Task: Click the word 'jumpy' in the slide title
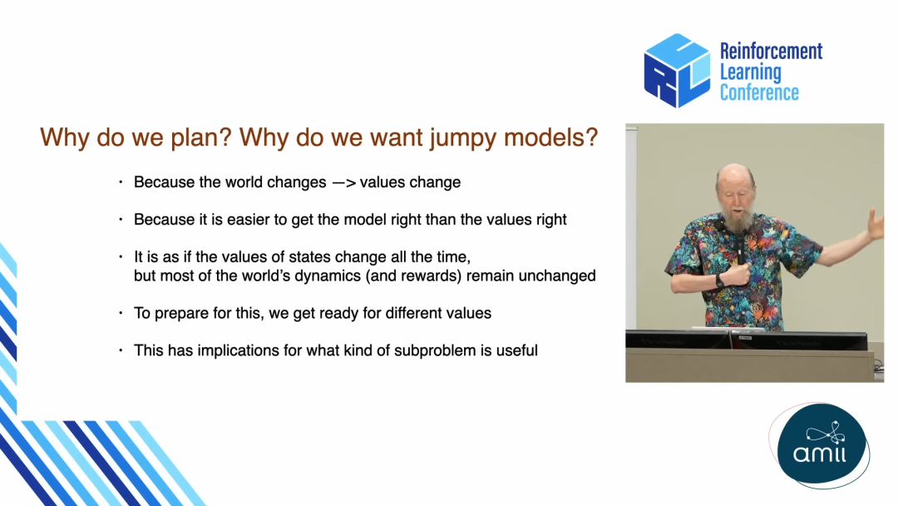tap(463, 139)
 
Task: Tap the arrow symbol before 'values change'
tap(343, 183)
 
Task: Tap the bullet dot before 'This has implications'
tap(121, 350)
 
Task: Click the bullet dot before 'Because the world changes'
tap(121, 181)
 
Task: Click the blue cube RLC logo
tap(677, 71)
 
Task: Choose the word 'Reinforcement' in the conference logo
tap(771, 51)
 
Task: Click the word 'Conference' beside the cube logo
tap(759, 92)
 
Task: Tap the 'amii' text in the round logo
tap(820, 454)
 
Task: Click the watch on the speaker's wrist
tap(718, 280)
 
